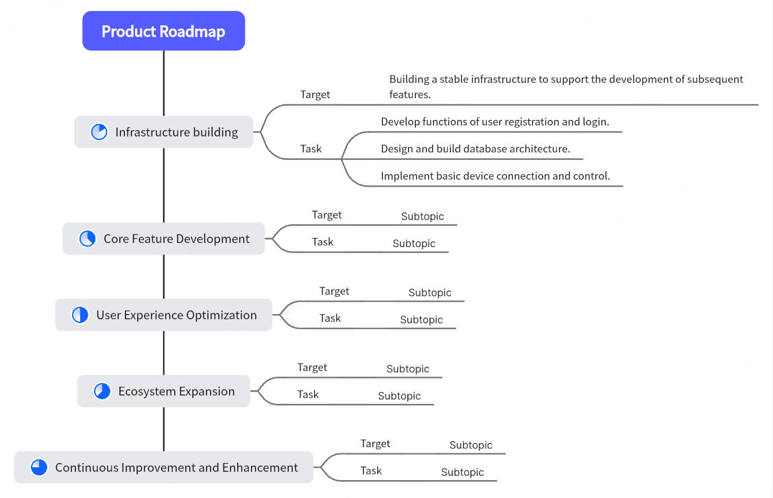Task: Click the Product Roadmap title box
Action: pos(163,32)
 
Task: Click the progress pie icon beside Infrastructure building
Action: pos(99,132)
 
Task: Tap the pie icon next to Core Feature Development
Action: pos(88,239)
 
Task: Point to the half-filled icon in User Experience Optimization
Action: pos(80,315)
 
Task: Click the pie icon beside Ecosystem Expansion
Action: pos(102,391)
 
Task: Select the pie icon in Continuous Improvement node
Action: pos(39,468)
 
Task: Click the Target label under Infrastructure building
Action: pos(315,95)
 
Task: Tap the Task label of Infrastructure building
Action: pos(311,149)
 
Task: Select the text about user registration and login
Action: pos(495,122)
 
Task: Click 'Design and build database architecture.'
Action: pos(475,149)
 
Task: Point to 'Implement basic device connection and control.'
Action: pos(495,176)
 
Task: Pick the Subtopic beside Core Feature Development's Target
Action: pos(423,216)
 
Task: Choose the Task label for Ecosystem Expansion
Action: pos(308,394)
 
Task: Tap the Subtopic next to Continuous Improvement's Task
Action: pos(462,472)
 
